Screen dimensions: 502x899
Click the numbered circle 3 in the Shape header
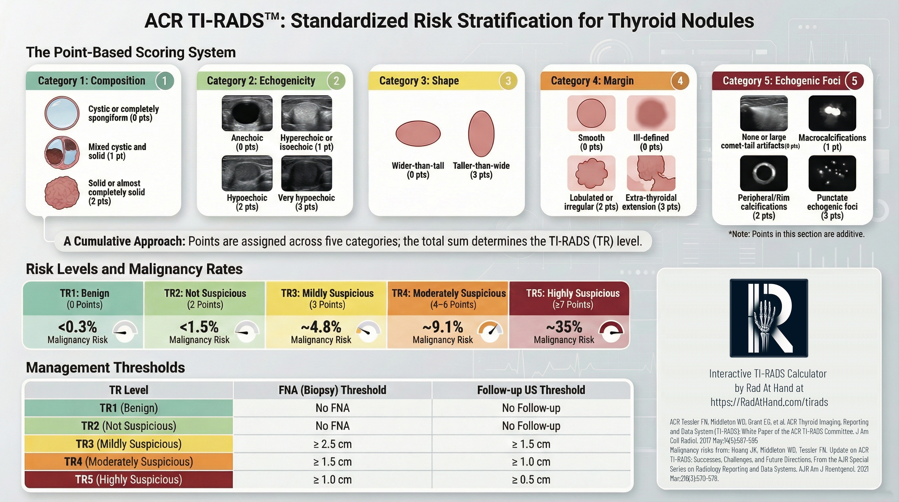click(x=508, y=81)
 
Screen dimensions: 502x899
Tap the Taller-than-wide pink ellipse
click(x=481, y=133)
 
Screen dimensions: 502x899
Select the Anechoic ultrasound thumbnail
click(x=247, y=113)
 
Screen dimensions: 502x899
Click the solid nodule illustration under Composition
click(x=62, y=192)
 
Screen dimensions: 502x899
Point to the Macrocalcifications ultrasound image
click(x=832, y=113)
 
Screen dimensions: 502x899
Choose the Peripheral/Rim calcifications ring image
click(x=763, y=173)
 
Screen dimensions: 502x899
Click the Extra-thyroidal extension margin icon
click(x=651, y=173)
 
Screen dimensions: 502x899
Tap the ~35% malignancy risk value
click(x=564, y=327)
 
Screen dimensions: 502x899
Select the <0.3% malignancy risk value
click(x=77, y=327)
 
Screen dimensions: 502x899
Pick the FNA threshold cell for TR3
click(x=332, y=444)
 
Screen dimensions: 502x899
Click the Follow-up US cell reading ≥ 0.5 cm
click(x=531, y=480)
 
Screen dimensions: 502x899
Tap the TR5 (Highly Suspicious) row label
click(x=128, y=480)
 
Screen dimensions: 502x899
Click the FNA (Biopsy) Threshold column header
click(x=332, y=390)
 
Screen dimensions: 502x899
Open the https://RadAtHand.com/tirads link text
click(x=769, y=402)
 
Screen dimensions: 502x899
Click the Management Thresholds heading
click(x=106, y=368)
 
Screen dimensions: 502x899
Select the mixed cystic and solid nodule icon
click(x=62, y=153)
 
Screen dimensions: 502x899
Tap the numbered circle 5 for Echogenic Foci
click(x=854, y=81)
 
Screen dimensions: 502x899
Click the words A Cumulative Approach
click(x=124, y=241)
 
